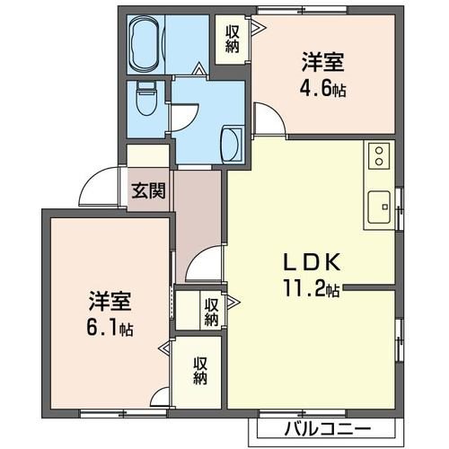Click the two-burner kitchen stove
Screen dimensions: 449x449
coord(378,156)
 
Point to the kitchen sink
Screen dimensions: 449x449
coord(378,207)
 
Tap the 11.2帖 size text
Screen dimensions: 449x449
coord(307,289)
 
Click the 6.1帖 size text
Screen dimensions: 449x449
coord(110,329)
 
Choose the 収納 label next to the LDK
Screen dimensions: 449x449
coord(211,312)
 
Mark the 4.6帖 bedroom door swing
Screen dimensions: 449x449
coord(267,116)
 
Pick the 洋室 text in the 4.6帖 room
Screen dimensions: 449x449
coord(323,65)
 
